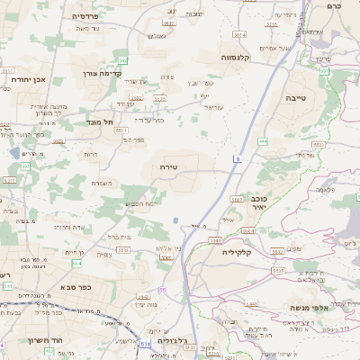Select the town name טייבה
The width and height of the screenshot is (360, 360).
click(296, 96)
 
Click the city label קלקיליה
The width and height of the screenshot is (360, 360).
click(242, 253)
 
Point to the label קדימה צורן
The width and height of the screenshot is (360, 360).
click(101, 73)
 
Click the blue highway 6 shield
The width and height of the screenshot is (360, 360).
click(238, 158)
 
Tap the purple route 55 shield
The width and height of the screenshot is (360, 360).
click(162, 290)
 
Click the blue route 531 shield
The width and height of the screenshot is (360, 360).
click(146, 343)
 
